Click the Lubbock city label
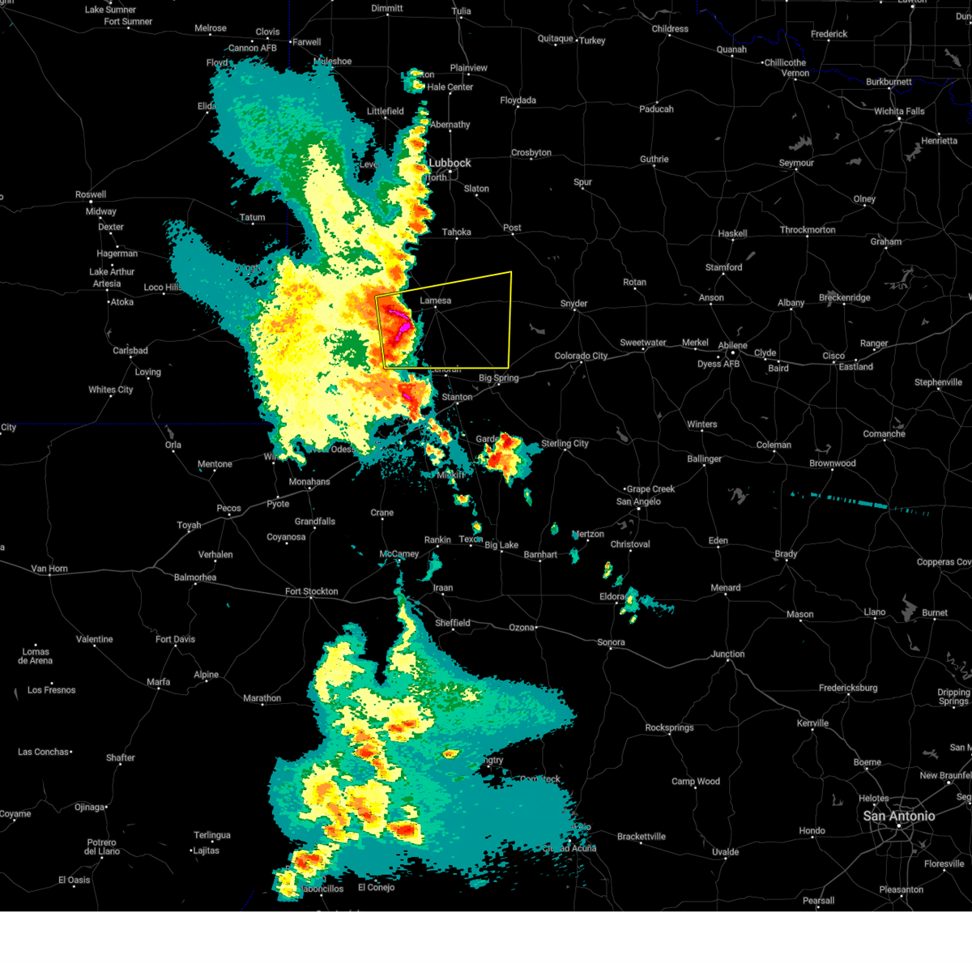click(450, 163)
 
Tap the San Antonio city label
click(898, 816)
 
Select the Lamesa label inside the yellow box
click(435, 301)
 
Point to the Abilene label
click(732, 345)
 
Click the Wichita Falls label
click(899, 111)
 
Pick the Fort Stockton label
click(311, 591)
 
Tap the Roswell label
click(91, 194)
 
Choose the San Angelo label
click(638, 501)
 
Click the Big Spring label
click(498, 378)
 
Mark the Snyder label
click(573, 304)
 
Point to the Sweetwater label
click(643, 343)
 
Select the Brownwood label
click(832, 463)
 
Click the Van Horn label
click(49, 569)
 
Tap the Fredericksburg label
click(848, 688)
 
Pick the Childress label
click(670, 29)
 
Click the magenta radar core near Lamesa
click(400, 313)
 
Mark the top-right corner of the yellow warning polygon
click(511, 272)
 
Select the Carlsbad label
click(130, 351)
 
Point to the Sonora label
click(611, 642)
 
